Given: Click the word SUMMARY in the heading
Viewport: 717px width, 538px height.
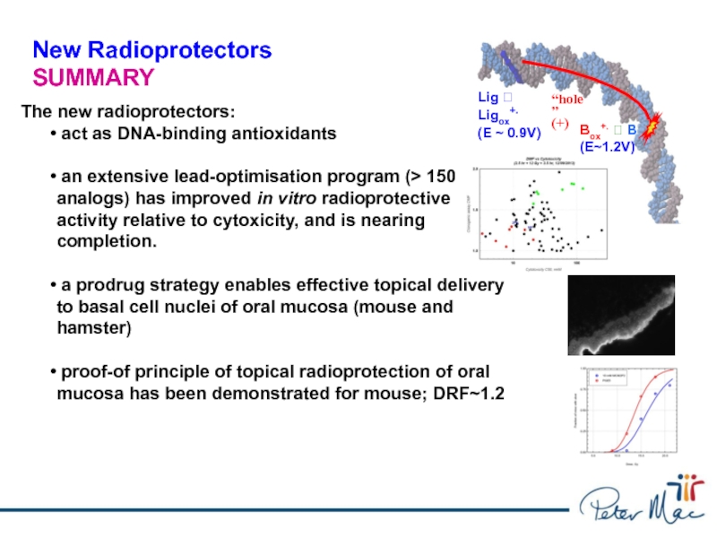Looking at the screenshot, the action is pyautogui.click(x=93, y=77).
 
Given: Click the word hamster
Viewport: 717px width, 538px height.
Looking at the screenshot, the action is pyautogui.click(x=94, y=329).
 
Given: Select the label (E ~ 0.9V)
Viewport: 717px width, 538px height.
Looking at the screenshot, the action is pyautogui.click(x=509, y=133).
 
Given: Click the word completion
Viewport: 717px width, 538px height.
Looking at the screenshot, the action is pyautogui.click(x=107, y=242).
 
